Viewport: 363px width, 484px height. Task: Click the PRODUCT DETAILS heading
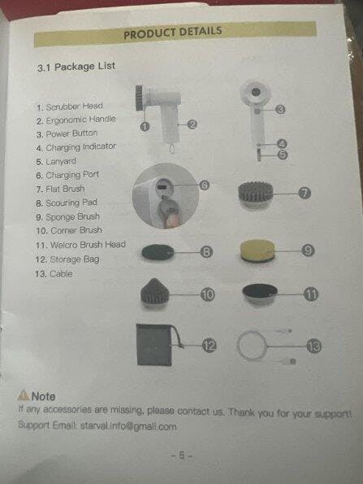(173, 33)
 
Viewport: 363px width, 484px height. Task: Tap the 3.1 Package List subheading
(76, 67)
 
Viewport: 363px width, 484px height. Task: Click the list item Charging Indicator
(76, 147)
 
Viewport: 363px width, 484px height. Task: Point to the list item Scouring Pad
(67, 203)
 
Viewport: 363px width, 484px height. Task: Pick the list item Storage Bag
(67, 259)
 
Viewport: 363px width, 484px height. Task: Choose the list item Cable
(54, 274)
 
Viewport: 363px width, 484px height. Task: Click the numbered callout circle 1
(145, 127)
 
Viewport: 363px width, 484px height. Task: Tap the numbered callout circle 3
(280, 109)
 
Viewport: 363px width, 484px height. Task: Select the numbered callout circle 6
(205, 185)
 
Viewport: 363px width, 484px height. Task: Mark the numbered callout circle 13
(314, 347)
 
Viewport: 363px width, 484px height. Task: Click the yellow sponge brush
(257, 251)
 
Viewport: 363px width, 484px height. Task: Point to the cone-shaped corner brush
(154, 293)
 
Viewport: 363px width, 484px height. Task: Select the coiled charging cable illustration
(265, 346)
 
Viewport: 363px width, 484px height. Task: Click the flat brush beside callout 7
(256, 194)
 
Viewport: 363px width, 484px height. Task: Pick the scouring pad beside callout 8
(158, 252)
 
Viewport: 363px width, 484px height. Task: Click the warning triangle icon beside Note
(24, 395)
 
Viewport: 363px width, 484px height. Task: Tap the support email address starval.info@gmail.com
(128, 426)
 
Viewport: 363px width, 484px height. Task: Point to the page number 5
(182, 455)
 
